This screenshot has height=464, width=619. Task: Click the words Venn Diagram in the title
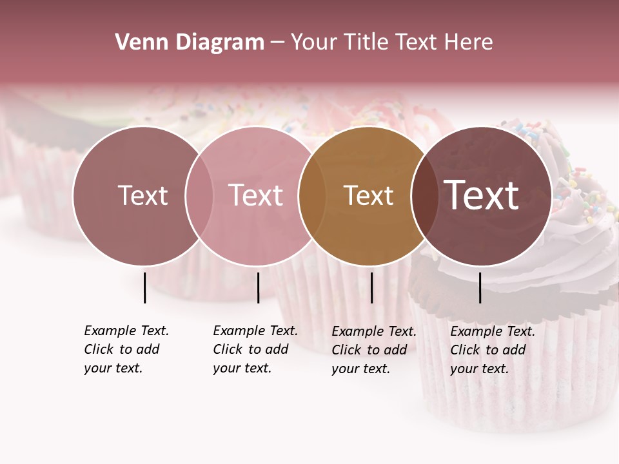(190, 43)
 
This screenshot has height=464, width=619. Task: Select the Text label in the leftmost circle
(142, 195)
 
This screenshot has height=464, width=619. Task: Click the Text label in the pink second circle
(255, 195)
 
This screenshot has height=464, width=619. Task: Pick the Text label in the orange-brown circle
(368, 195)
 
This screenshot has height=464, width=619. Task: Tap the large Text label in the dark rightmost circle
(482, 195)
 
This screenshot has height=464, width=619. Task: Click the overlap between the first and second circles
(199, 196)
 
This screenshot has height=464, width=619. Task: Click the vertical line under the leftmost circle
(144, 287)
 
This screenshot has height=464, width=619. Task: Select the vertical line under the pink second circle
(258, 287)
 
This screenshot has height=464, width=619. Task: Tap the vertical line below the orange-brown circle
(371, 287)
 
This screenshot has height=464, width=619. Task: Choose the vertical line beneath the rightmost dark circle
(480, 287)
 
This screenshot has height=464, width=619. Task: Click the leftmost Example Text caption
(126, 349)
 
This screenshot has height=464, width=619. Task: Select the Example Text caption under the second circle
(255, 349)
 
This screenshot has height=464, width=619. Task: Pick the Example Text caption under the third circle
(373, 350)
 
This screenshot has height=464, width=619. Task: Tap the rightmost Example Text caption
(492, 350)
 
